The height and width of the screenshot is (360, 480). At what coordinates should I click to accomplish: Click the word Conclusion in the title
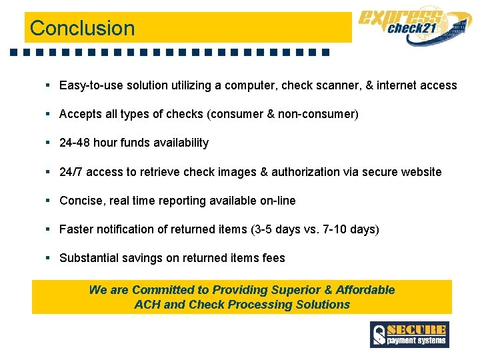tap(82, 29)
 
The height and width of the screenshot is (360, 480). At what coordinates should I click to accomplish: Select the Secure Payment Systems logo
tap(409, 334)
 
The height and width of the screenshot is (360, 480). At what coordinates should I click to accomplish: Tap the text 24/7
tap(71, 172)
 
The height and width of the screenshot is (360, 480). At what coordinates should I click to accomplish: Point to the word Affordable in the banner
tap(365, 290)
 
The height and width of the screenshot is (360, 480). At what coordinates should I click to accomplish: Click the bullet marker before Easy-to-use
tap(48, 85)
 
